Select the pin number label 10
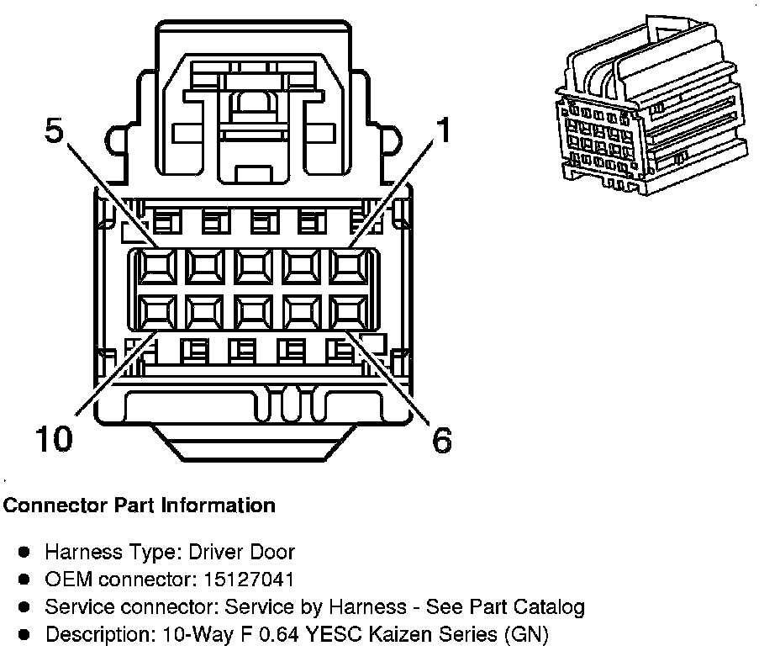53,438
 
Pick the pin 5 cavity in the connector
155,267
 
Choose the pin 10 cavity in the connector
155,312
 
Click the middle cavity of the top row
250,267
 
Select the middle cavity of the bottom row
250,312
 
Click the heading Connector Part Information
140,505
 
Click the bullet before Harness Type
24,553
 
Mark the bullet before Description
24,634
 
